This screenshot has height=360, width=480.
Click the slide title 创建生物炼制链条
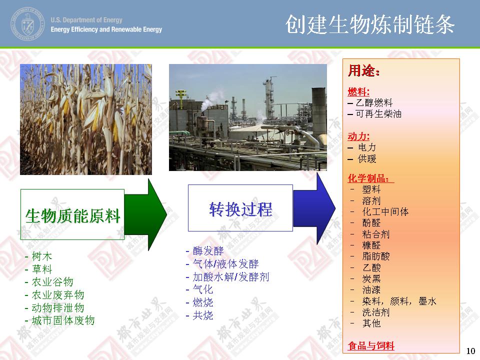click(370, 24)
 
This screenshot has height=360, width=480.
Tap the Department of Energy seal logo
click(27, 24)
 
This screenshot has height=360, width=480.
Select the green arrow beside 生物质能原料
click(145, 214)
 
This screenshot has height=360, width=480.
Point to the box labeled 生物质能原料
click(72, 214)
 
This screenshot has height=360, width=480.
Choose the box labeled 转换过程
click(240, 208)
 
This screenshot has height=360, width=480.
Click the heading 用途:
click(363, 70)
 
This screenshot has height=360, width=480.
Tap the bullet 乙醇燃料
click(374, 102)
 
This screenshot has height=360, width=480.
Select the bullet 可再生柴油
click(378, 114)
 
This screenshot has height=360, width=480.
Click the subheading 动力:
click(358, 136)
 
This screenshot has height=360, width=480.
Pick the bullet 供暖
click(367, 158)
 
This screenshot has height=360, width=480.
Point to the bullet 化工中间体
click(385, 211)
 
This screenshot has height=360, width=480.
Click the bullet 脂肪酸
click(376, 256)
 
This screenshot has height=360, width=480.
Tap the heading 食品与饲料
click(371, 346)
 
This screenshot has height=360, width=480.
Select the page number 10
click(470, 351)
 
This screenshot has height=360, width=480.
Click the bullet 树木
click(42, 256)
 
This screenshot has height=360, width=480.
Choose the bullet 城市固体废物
click(63, 320)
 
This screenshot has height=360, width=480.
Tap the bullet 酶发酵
click(208, 251)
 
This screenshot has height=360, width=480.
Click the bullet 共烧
click(202, 315)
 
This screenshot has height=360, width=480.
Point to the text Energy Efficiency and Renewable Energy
click(106, 29)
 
